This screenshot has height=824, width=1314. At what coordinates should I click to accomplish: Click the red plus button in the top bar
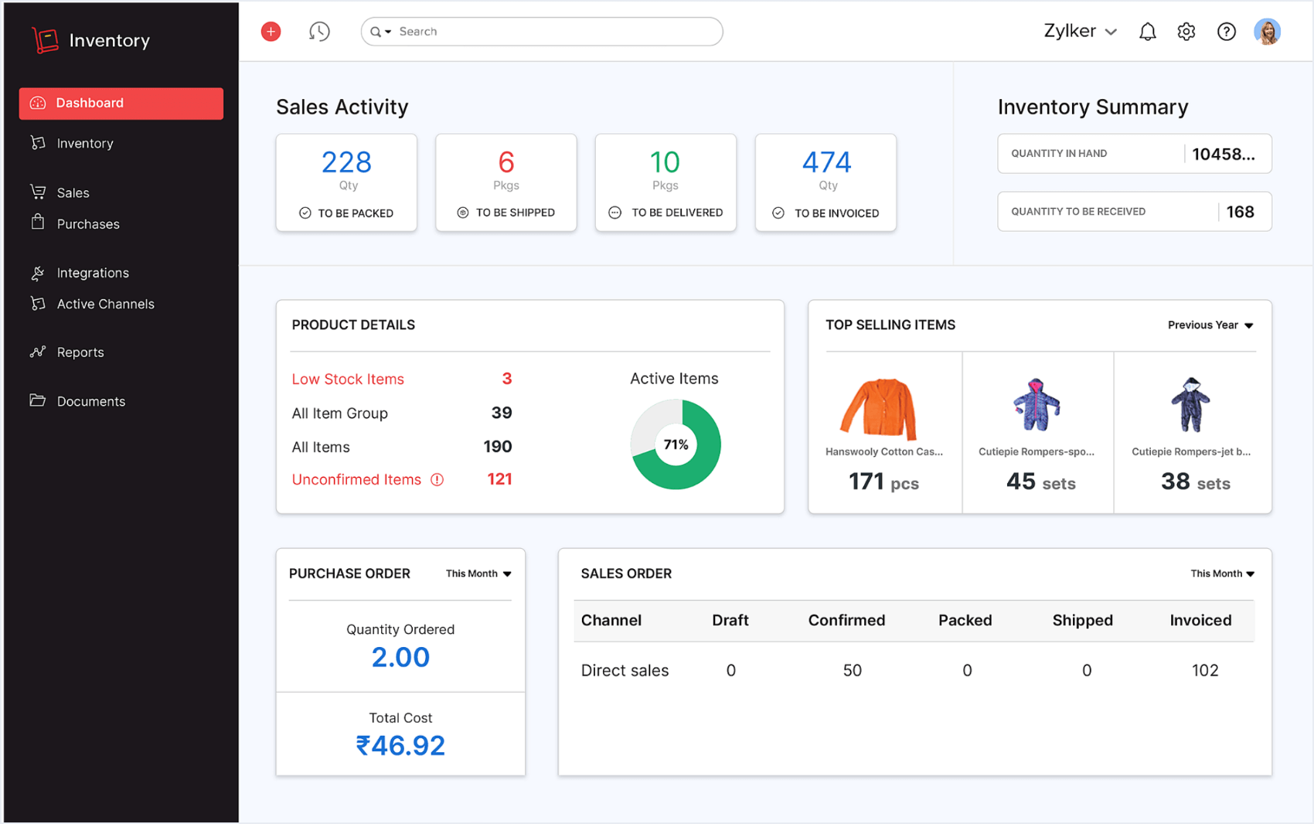(x=271, y=32)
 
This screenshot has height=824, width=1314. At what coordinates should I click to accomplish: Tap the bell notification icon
(x=1147, y=32)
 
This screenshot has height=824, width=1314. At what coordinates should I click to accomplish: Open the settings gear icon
(x=1186, y=32)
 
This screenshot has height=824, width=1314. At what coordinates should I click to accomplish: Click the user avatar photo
(x=1267, y=32)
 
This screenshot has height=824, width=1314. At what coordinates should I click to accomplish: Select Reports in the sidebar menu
(x=80, y=352)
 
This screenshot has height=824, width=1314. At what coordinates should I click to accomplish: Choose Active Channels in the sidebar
(x=105, y=304)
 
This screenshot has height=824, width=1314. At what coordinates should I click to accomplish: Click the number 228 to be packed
(x=346, y=162)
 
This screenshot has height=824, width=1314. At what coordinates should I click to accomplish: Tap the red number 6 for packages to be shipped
(x=506, y=162)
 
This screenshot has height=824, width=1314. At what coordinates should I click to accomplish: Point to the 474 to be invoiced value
(x=826, y=162)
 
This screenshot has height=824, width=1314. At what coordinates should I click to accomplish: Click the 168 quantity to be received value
(x=1240, y=212)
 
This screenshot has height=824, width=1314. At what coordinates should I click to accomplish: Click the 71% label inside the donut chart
(x=676, y=444)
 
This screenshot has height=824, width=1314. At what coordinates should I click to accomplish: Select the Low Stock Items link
(x=348, y=379)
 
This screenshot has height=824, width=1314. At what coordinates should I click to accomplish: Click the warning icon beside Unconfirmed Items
(x=437, y=480)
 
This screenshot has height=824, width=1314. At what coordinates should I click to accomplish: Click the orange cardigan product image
(x=879, y=408)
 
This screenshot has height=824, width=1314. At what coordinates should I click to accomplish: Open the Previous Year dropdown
(x=1210, y=325)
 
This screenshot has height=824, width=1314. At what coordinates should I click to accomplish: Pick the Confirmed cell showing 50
(x=852, y=670)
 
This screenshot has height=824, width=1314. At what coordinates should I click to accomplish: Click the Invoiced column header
(x=1200, y=620)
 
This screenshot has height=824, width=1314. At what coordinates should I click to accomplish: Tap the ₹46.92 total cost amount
(x=400, y=745)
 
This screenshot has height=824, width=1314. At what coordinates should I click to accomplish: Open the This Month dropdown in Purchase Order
(x=478, y=574)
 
